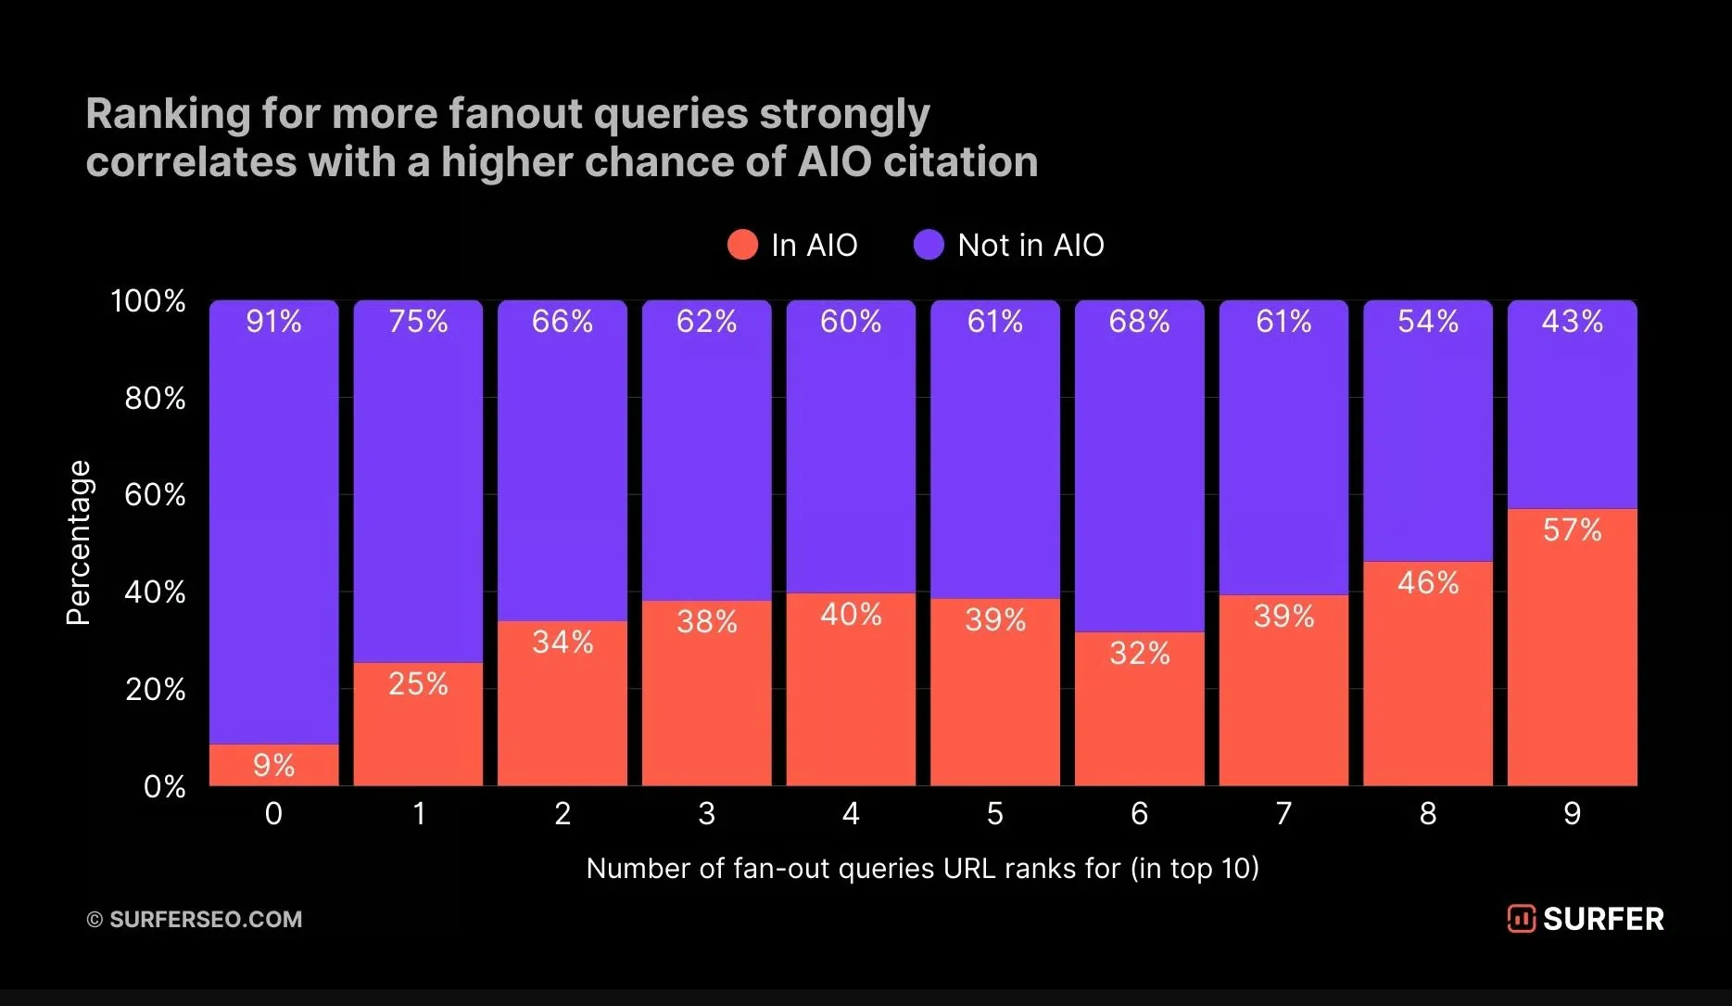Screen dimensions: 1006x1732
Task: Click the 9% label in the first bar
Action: click(273, 765)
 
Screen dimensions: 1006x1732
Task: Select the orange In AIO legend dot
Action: click(742, 245)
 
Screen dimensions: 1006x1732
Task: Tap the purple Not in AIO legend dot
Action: click(929, 245)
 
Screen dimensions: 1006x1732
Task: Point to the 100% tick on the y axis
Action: click(148, 300)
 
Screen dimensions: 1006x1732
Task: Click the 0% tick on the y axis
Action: click(164, 786)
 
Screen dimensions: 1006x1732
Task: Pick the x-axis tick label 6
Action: click(1139, 813)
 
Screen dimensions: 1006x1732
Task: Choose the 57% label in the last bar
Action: click(1572, 529)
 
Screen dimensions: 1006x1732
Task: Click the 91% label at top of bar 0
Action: click(273, 321)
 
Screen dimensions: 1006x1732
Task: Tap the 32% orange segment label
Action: click(1139, 653)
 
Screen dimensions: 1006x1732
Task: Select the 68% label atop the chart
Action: click(1139, 321)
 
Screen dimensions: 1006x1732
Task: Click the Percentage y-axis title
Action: click(79, 542)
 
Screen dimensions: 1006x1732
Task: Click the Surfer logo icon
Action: click(1521, 919)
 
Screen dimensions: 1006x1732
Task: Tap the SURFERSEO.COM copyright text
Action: click(205, 919)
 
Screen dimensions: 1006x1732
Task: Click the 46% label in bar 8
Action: click(1427, 582)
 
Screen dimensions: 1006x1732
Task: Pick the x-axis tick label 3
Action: click(706, 813)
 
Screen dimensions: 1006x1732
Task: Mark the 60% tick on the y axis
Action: click(155, 494)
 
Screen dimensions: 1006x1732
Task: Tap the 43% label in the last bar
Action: click(1572, 321)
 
